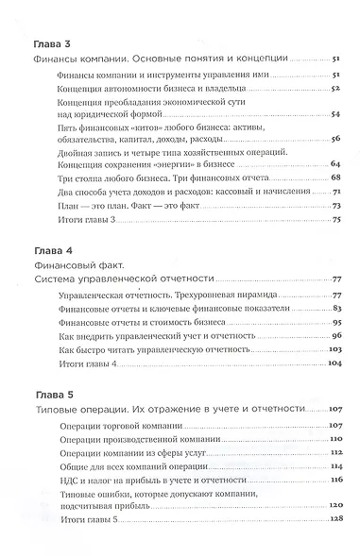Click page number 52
[x=335, y=87]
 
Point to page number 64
[x=335, y=164]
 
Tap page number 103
[x=334, y=349]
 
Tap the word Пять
[x=71, y=124]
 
